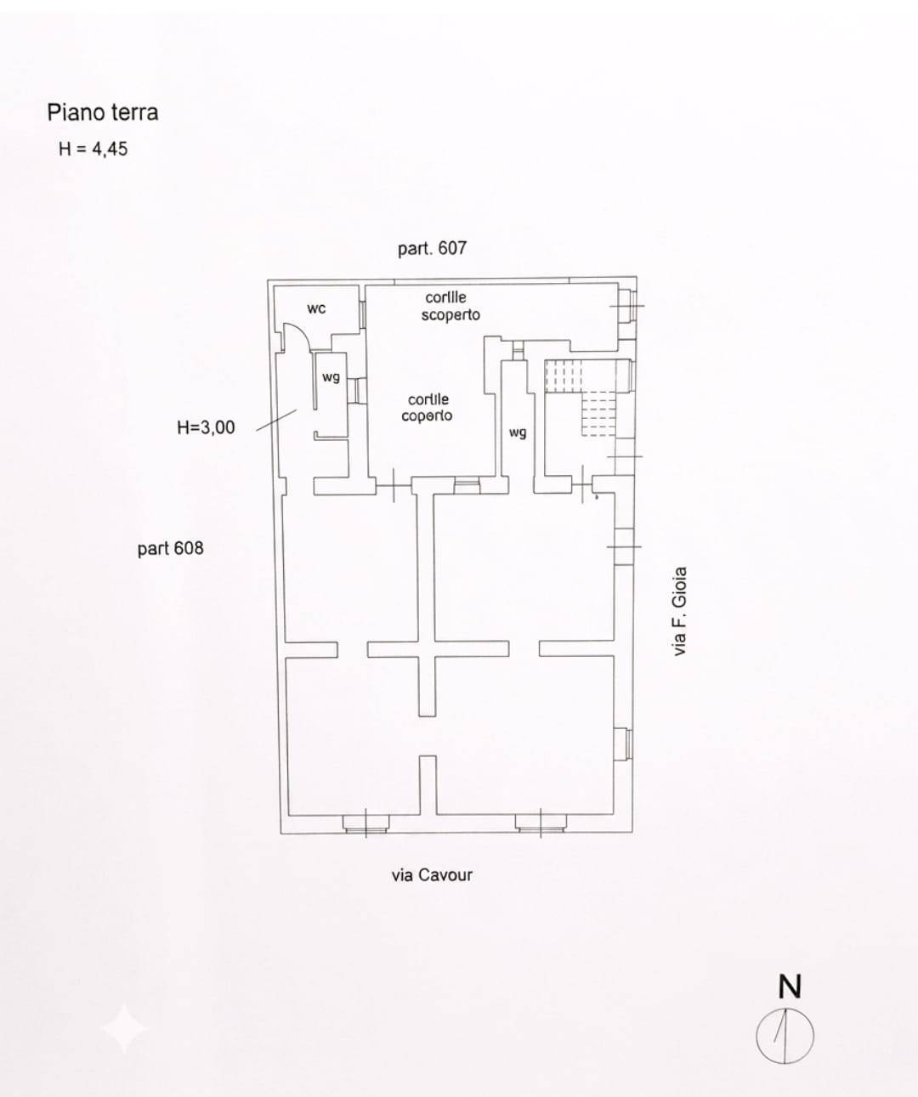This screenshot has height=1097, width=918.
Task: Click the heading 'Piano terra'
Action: coord(103,112)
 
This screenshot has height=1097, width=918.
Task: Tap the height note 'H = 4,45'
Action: coord(93,149)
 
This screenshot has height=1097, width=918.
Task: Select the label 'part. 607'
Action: coord(432,248)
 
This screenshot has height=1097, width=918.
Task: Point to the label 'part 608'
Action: coord(170,549)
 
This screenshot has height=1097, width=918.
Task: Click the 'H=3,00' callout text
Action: coord(206,427)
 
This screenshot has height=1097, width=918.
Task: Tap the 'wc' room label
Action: coord(316,308)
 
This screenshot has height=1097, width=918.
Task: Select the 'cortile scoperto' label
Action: coord(450,306)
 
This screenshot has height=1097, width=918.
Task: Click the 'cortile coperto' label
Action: coord(427,407)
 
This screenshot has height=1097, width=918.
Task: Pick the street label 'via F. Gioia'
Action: coord(680,611)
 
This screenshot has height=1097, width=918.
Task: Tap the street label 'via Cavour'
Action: coord(432,875)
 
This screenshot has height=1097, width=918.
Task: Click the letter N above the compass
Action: coord(790,987)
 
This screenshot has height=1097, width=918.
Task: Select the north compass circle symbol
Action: coord(785,1036)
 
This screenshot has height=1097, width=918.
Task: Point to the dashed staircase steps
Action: coord(581,398)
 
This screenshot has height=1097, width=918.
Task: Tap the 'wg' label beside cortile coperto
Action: coord(518,433)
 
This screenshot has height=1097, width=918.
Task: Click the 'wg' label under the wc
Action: coord(331,376)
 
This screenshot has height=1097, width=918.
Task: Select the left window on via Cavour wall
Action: coord(365,823)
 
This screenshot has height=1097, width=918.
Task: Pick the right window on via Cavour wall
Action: coord(541,823)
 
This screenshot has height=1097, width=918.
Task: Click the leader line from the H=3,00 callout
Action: coord(276,421)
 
